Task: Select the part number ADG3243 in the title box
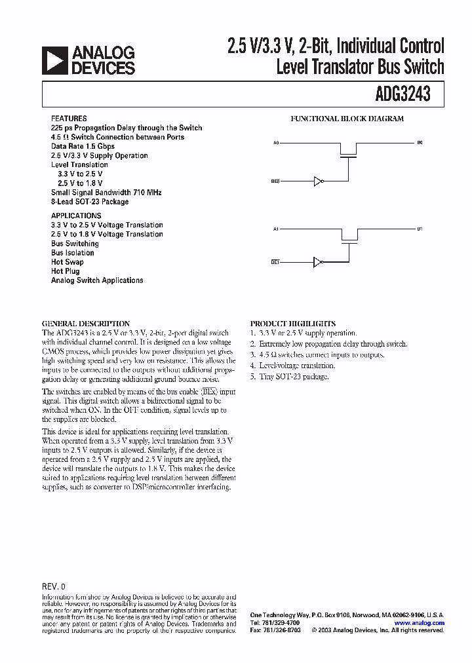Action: coord(403,94)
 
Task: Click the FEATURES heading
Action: coord(68,119)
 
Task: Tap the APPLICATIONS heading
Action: coord(76,216)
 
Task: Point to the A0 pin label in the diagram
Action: coord(277,142)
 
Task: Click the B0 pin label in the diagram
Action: coord(420,142)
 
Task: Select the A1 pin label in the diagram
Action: coord(277,229)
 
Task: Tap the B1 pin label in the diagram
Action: coord(420,229)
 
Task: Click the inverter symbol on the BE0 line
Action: coord(319,181)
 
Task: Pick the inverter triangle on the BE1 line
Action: coord(319,262)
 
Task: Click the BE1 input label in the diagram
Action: coord(275,262)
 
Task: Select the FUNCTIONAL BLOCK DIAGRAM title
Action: coord(347,119)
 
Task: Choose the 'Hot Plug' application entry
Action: coord(66,271)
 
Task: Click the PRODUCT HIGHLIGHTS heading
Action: coord(292,324)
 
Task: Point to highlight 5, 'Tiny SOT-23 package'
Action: coord(289,377)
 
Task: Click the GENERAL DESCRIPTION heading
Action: coord(86,324)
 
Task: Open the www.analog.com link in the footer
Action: coord(420,622)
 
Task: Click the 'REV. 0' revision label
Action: coord(54,587)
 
